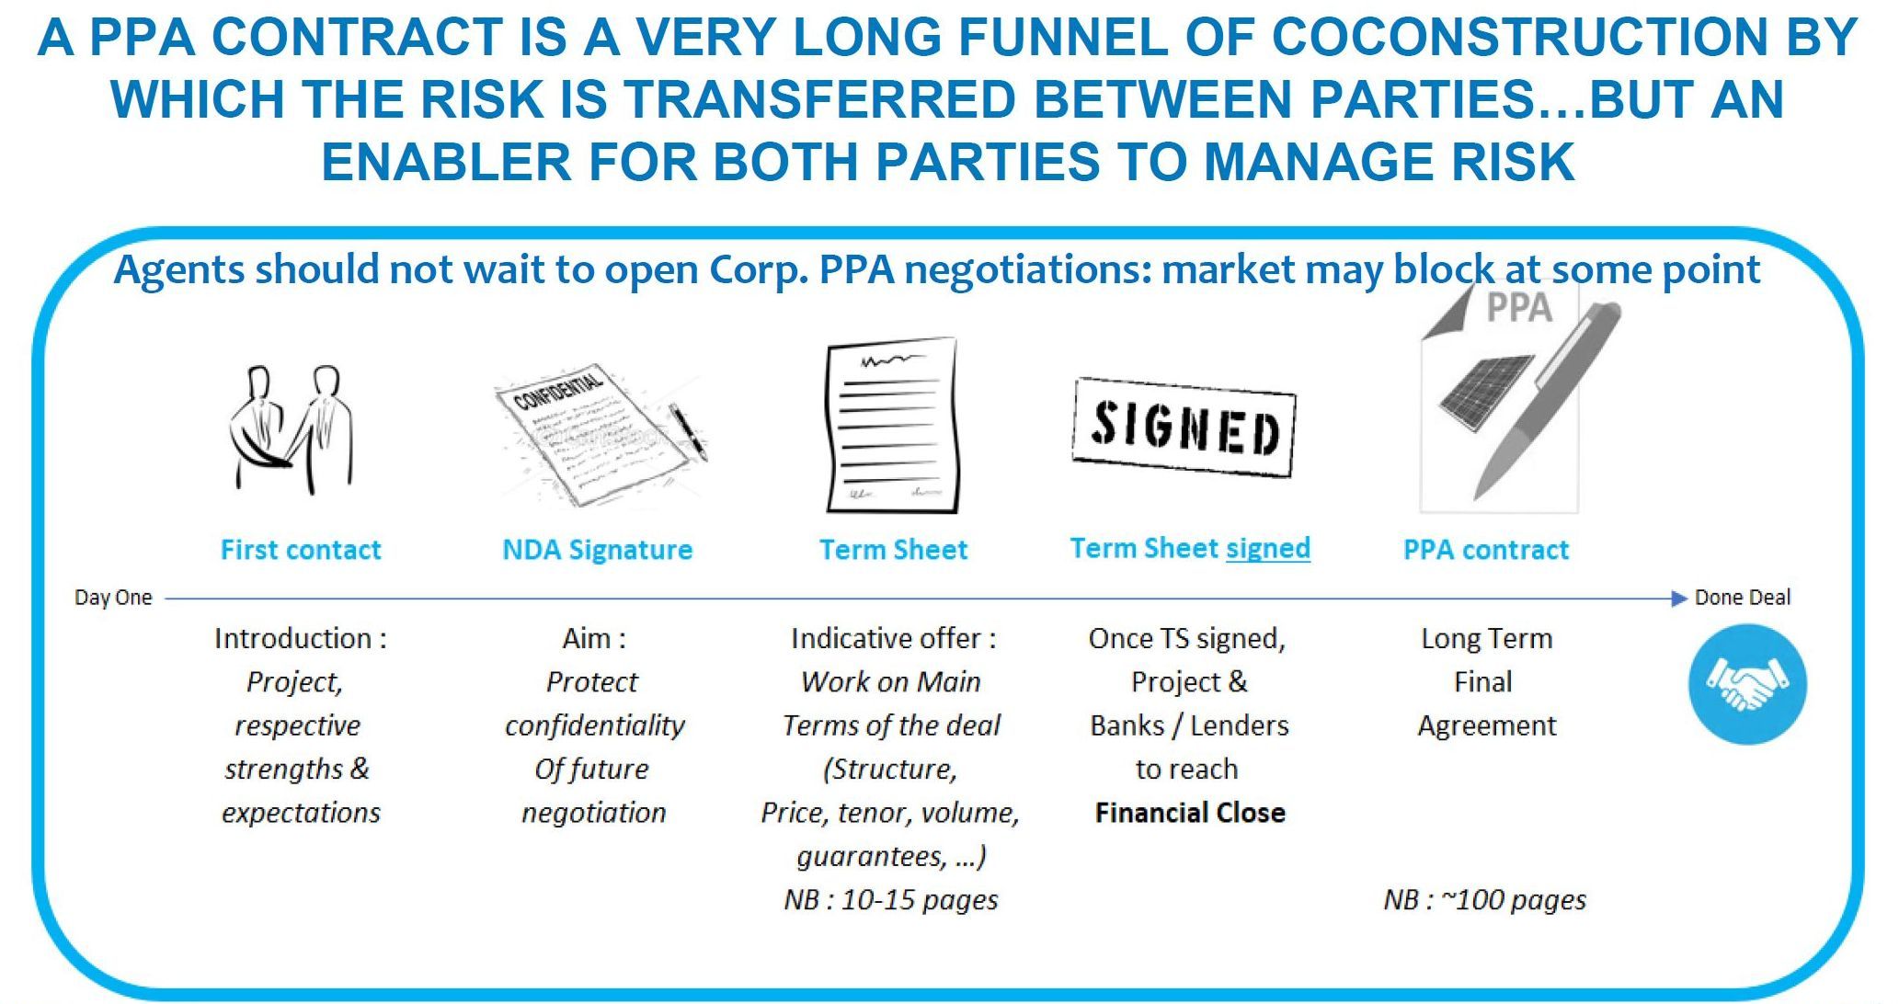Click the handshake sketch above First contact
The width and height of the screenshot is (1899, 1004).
(292, 430)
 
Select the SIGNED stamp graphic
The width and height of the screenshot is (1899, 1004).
(1184, 427)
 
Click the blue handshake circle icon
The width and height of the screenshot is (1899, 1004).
(1747, 684)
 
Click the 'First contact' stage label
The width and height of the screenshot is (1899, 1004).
(301, 550)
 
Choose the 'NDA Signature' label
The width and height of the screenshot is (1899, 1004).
(598, 550)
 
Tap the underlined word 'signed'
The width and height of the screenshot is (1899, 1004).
(1268, 549)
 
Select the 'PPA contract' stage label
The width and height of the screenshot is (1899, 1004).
(1486, 550)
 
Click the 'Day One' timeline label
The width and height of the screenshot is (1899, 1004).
(113, 598)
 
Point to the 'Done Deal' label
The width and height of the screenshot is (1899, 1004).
(1743, 598)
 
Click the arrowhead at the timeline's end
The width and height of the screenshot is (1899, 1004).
(1679, 599)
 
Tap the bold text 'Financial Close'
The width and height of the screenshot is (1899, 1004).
(1190, 813)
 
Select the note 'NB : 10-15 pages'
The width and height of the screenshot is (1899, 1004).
(891, 899)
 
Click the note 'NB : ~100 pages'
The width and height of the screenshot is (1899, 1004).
(1485, 899)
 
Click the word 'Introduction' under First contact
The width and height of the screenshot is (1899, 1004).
(292, 638)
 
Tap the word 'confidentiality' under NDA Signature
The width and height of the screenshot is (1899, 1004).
(595, 726)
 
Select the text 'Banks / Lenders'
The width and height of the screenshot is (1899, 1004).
(1189, 725)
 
